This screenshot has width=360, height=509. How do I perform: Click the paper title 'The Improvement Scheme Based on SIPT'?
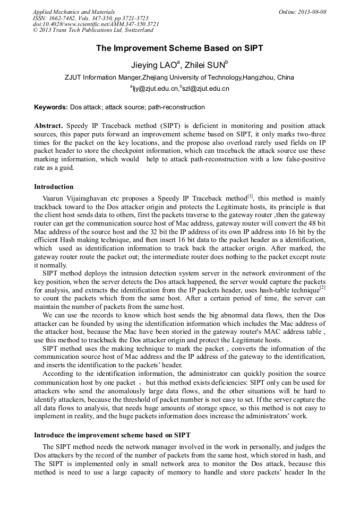[179, 48]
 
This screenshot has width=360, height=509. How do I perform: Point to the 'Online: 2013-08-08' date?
[302, 12]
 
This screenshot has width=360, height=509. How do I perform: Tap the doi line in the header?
[96, 24]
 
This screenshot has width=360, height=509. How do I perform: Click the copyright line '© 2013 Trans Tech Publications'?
[92, 30]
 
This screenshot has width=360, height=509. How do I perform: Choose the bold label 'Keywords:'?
[51, 107]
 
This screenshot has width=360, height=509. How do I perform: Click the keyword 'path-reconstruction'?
[176, 107]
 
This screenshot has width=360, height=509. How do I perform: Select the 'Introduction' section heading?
[54, 187]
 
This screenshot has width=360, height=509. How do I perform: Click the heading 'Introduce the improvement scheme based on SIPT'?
[112, 435]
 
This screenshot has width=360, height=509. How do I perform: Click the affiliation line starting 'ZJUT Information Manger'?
[179, 77]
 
